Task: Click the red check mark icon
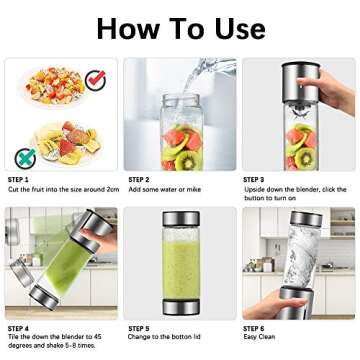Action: coord(96,77)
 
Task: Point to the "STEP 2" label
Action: coord(139,179)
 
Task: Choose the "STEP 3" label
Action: coord(254,179)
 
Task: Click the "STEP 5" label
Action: coord(139,328)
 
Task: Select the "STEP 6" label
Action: coord(254,328)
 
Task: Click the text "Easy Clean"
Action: coord(258,337)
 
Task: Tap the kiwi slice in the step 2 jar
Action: coord(186,155)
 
